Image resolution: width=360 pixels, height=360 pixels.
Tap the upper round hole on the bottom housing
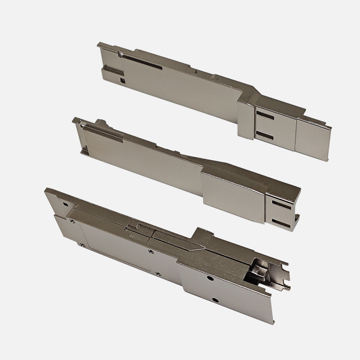209,278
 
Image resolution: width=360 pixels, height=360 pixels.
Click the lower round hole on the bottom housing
215,300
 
